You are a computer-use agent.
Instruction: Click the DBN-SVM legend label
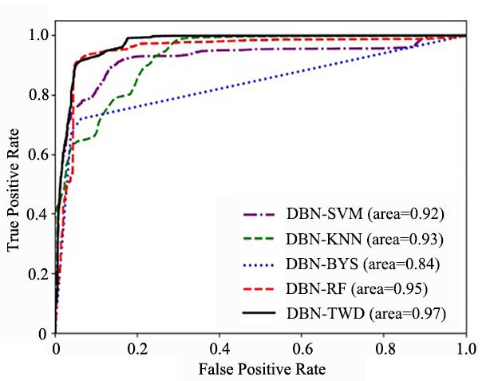tap(366, 214)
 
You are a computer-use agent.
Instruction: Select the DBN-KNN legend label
tap(365, 240)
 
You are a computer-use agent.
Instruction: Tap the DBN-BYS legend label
tap(363, 264)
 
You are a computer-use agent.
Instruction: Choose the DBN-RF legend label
tap(357, 288)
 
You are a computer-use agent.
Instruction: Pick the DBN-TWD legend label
tap(366, 313)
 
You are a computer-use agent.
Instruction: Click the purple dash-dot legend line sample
tap(259, 215)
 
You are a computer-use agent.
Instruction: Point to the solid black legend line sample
tap(259, 313)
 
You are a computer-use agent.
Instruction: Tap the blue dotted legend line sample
tap(259, 265)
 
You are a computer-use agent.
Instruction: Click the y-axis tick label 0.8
tap(39, 95)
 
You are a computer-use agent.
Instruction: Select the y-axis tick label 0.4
tap(39, 214)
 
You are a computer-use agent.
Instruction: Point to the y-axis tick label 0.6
tap(39, 154)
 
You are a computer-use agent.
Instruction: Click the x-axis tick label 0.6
tap(302, 349)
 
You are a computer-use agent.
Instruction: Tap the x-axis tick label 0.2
tap(137, 349)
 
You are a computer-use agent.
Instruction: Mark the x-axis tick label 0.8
tap(384, 349)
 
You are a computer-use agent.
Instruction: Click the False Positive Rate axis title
tap(262, 369)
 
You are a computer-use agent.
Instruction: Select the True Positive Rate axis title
tap(14, 189)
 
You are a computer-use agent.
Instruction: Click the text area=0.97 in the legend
tap(408, 313)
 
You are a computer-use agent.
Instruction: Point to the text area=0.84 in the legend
tap(401, 264)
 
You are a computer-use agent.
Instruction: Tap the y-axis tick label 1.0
tap(39, 34)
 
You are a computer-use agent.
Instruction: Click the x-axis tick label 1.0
tap(466, 349)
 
